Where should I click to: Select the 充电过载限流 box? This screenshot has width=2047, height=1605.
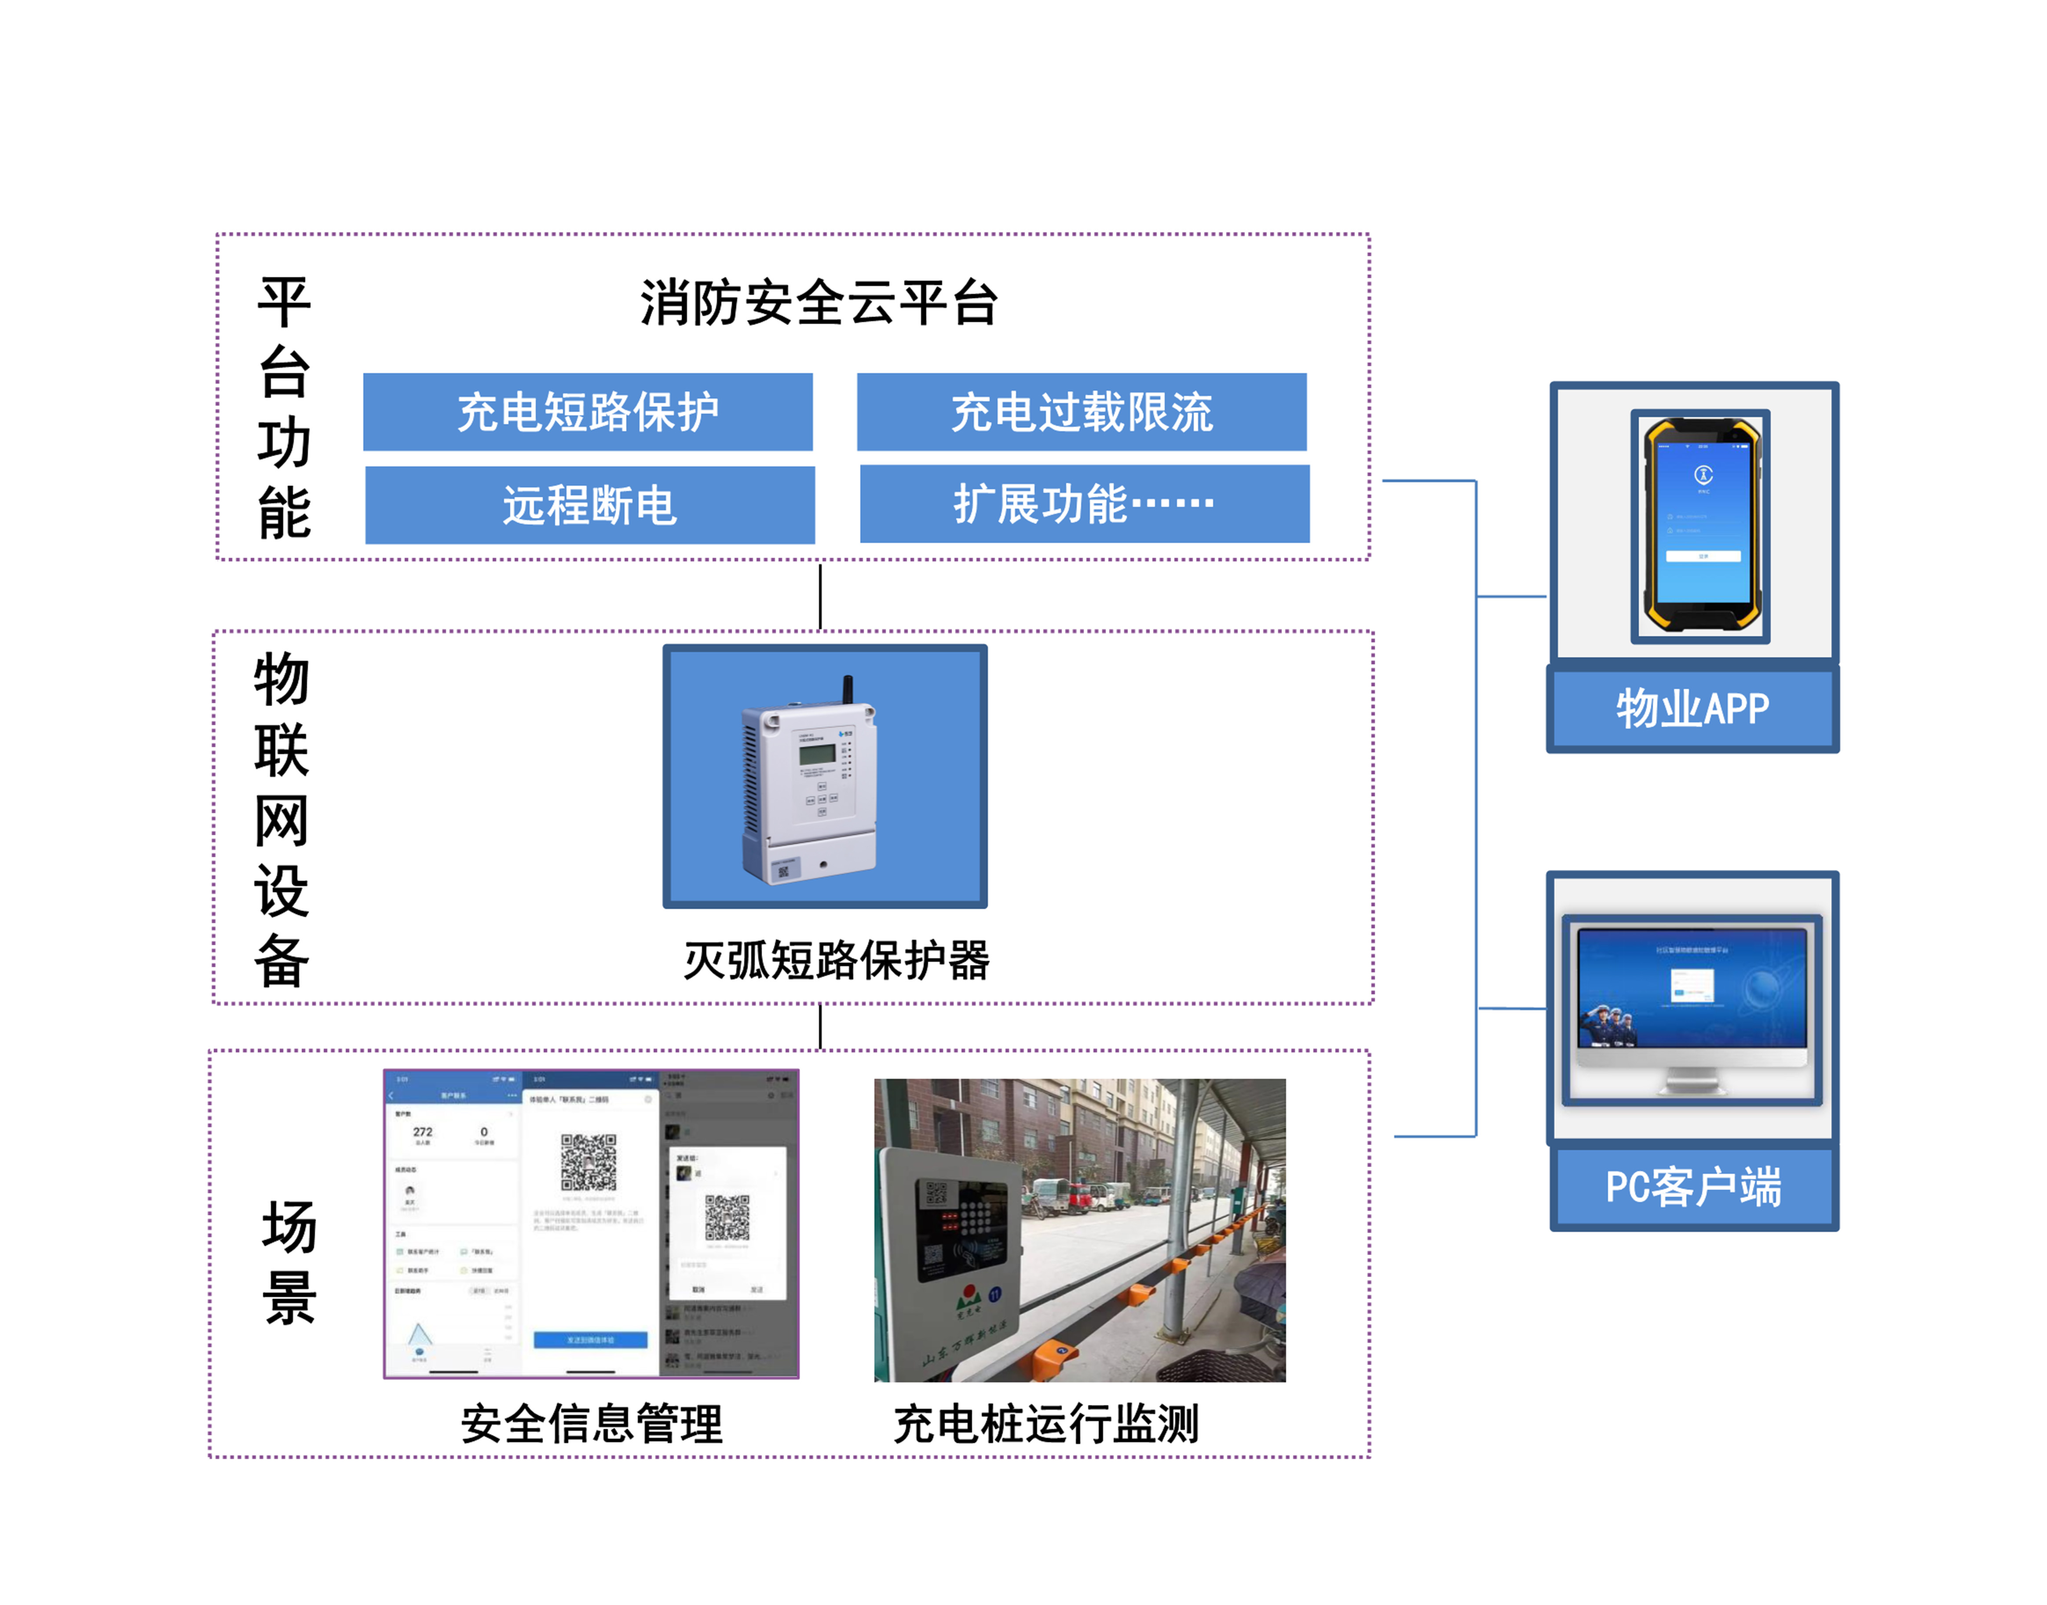[x=1081, y=411]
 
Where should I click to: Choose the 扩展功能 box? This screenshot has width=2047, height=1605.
[x=1084, y=504]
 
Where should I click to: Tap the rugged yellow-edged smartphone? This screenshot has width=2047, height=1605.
[x=1701, y=526]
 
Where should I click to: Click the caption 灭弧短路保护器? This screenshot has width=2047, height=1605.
[x=836, y=960]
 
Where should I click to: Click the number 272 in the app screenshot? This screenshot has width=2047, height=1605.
[x=423, y=1132]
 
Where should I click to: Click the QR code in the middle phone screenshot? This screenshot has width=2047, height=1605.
[x=589, y=1162]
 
